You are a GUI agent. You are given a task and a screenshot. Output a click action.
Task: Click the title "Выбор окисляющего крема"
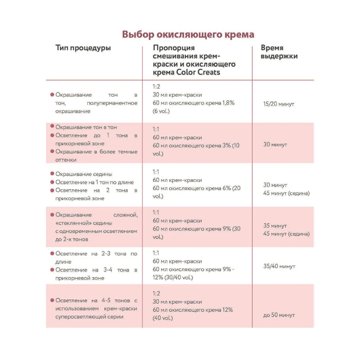click(x=188, y=34)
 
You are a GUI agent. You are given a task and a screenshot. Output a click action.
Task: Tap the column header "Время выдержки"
click(x=280, y=52)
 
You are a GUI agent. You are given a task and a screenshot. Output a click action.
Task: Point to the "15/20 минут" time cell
click(x=278, y=103)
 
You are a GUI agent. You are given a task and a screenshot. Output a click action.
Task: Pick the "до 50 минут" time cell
click(x=279, y=315)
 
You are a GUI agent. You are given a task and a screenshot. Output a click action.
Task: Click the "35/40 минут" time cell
click(x=279, y=266)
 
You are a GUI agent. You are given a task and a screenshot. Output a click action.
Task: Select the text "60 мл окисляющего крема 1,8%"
click(x=193, y=103)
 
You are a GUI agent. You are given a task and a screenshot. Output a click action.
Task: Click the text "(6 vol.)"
click(x=164, y=111)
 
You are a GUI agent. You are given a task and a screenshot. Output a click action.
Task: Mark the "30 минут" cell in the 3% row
click(x=275, y=145)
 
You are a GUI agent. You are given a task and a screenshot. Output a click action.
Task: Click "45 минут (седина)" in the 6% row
click(x=286, y=193)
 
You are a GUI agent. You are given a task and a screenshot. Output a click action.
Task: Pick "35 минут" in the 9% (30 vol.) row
click(x=275, y=225)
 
